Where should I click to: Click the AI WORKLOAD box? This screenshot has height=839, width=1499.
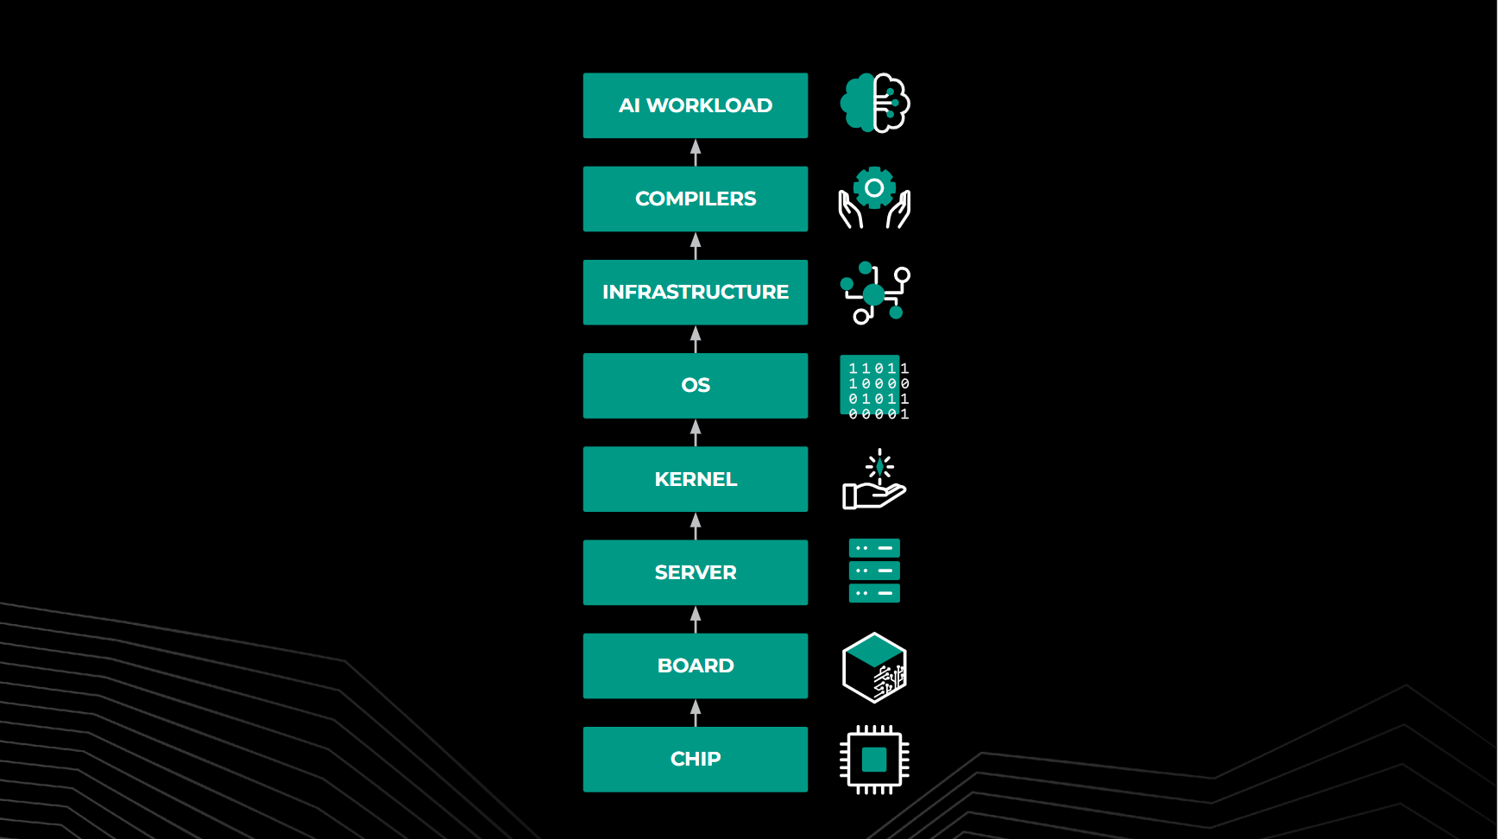click(695, 105)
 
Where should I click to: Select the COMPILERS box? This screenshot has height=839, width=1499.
click(695, 199)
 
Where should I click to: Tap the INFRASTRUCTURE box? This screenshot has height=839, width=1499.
click(695, 292)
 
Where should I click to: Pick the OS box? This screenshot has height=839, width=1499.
click(695, 385)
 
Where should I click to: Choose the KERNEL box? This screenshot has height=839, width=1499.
click(695, 479)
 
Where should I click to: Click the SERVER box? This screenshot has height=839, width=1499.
click(695, 572)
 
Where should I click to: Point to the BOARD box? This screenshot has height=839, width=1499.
click(695, 666)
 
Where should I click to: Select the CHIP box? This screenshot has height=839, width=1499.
click(695, 759)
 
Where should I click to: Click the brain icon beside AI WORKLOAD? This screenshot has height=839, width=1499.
click(874, 103)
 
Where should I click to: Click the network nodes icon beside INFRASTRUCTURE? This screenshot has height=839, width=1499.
click(874, 293)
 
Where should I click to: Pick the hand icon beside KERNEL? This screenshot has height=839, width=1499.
click(874, 481)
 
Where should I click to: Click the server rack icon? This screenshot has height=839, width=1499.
click(874, 571)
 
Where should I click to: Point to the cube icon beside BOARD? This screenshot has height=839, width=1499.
click(874, 667)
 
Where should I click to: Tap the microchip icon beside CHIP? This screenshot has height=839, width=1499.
click(874, 760)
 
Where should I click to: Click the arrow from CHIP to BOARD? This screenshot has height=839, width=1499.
click(696, 713)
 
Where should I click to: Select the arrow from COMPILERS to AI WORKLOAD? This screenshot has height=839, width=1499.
click(696, 153)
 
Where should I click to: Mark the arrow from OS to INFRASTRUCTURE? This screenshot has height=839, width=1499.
click(696, 339)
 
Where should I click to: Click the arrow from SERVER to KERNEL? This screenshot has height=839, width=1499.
click(696, 526)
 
